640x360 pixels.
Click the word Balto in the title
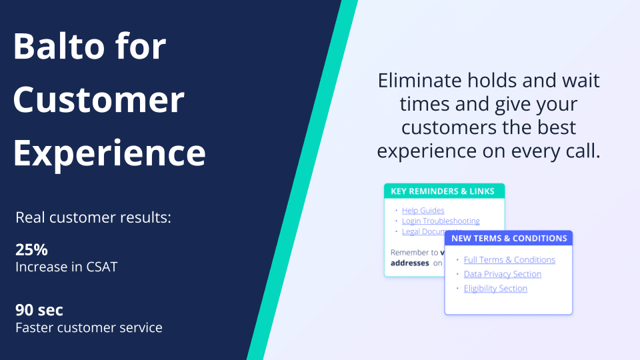53,47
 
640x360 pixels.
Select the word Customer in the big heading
99,100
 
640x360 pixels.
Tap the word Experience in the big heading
109,153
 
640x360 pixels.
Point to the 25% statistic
31,250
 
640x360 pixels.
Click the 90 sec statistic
39,310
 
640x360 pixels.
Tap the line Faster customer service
89,327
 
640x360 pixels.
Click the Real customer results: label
93,218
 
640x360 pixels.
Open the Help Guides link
423,211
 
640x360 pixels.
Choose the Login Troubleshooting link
441,221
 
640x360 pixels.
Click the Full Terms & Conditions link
509,260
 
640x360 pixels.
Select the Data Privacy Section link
503,274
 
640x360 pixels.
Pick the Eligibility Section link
495,289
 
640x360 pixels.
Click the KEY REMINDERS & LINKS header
443,191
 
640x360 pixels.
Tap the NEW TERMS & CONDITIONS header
509,238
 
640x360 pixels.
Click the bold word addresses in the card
409,263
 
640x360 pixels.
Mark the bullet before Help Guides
396,211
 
